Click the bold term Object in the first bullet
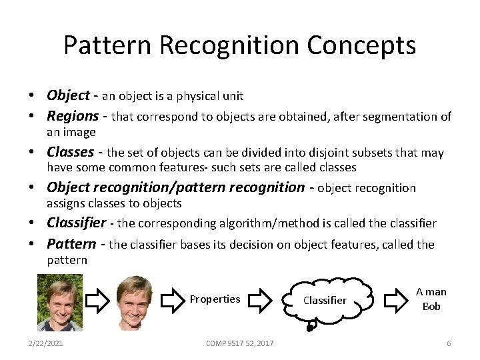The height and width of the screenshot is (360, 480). coord(69,95)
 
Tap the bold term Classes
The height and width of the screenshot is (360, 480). coord(71,152)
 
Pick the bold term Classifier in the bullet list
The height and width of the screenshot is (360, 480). coord(76,223)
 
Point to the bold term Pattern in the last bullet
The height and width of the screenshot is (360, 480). coord(71,244)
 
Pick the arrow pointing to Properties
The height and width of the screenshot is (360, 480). coord(173,299)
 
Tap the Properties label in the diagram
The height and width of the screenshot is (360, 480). coord(215,299)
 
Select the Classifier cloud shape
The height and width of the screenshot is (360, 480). coord(325,300)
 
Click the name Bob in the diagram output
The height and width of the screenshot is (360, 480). coord(431,307)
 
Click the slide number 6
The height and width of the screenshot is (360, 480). coord(449,343)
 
